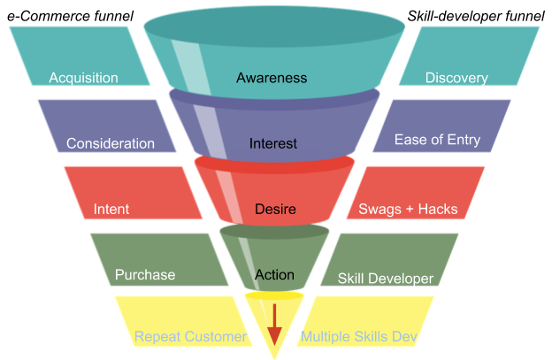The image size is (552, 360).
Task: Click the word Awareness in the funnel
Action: pos(272,78)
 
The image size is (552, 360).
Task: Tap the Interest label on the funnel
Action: pos(273,143)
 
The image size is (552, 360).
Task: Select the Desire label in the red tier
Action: pos(274,210)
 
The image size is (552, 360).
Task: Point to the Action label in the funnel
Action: pos(274,275)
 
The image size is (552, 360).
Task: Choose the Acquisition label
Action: pos(83,78)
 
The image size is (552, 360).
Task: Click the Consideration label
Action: pos(110,143)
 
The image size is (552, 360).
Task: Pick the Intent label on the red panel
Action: pos(111,210)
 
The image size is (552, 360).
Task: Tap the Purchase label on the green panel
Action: pos(145,275)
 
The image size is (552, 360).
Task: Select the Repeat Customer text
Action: pos(190,337)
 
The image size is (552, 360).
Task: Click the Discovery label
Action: pos(456,78)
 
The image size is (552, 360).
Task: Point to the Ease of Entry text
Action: pos(437,140)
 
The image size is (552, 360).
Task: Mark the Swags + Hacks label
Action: pos(408,210)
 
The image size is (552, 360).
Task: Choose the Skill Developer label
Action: pos(386,279)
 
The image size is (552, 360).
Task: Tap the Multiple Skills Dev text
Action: pos(359,337)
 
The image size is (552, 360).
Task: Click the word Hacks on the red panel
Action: pos(437,210)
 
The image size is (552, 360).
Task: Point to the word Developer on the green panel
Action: pos(403,279)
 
